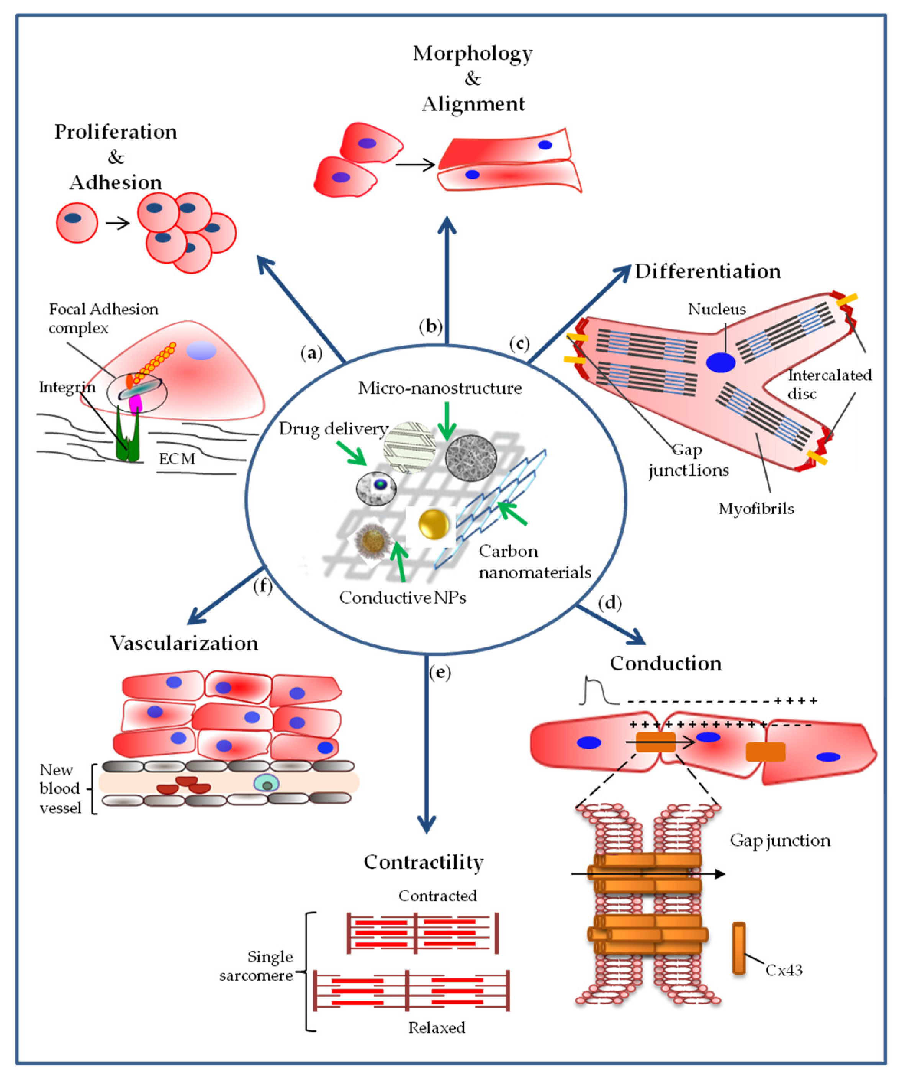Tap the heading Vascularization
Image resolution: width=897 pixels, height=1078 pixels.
tap(184, 643)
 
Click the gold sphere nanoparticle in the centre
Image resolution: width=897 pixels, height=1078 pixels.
tap(434, 524)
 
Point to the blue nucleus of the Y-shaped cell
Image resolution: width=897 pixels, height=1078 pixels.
tap(720, 362)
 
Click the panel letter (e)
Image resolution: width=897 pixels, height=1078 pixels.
tap(440, 672)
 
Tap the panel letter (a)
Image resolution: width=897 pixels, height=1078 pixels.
tap(311, 353)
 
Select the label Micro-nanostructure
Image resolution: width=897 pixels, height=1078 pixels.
tap(440, 388)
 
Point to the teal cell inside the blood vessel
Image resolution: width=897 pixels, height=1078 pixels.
tap(266, 783)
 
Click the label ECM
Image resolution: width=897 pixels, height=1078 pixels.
tap(177, 459)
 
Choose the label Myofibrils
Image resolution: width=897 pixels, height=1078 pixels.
tap(756, 509)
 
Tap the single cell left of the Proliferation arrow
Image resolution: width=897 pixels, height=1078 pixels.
tap(77, 222)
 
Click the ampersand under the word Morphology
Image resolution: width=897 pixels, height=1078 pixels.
tap(473, 79)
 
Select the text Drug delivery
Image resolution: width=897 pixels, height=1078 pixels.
tap(333, 429)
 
